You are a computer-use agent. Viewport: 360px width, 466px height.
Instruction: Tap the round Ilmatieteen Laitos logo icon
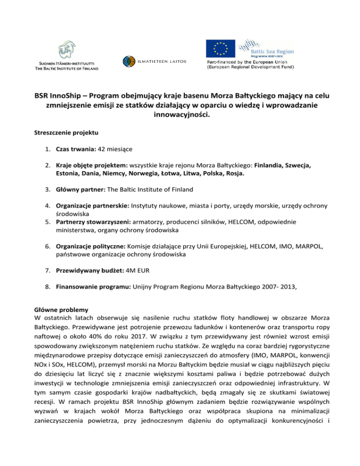[129, 61]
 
